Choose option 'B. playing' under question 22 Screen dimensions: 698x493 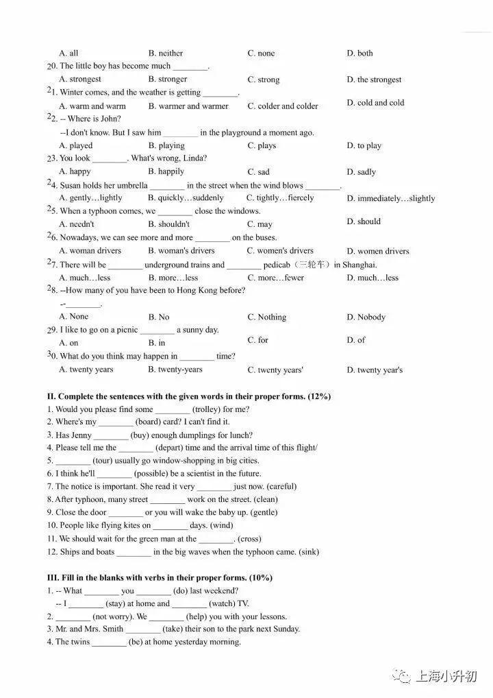[x=166, y=145]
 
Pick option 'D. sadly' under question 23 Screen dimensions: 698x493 [x=361, y=172]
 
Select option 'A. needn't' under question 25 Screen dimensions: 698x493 [x=77, y=224]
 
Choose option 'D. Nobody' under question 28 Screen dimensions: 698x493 [x=366, y=317]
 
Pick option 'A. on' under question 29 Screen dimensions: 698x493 [x=68, y=343]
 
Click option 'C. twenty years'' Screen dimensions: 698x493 [x=275, y=370]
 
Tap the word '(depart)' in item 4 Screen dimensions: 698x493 [x=173, y=448]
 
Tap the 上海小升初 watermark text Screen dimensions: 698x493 [x=446, y=677]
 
